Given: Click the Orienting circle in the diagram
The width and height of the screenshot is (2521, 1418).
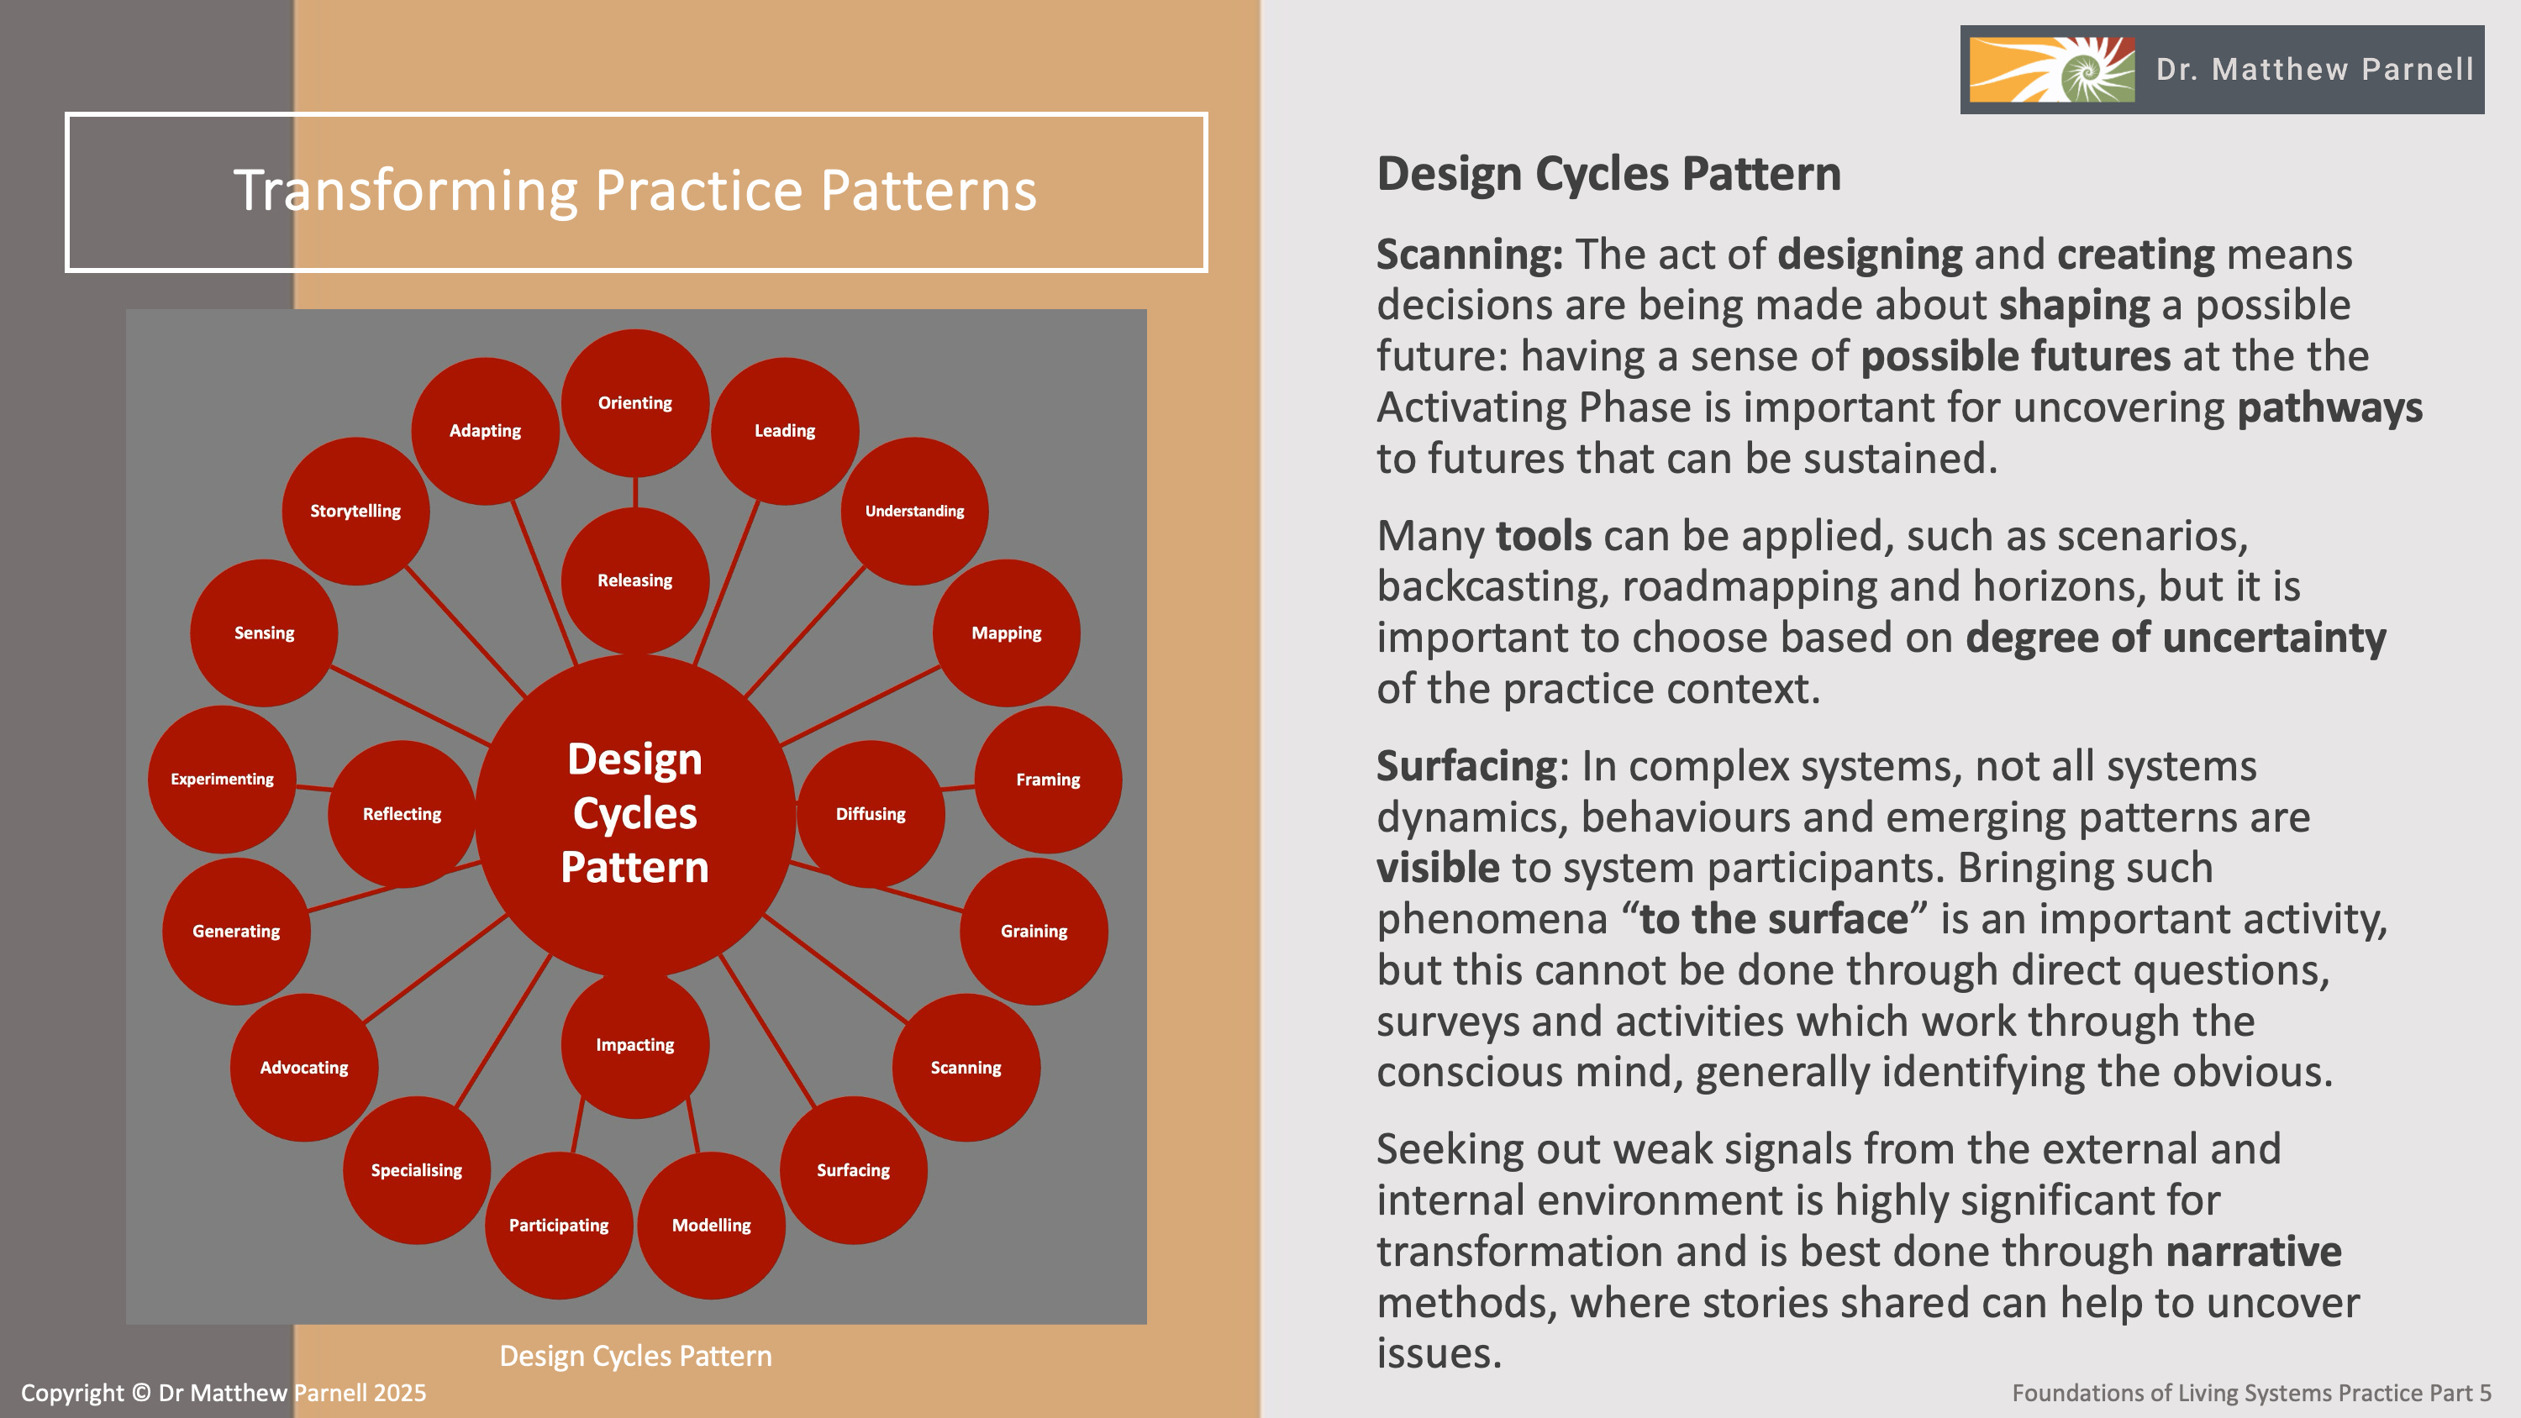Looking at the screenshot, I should (x=635, y=403).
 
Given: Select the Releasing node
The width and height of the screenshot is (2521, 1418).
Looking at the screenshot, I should (x=635, y=580).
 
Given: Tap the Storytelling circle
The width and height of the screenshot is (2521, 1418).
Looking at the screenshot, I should (x=355, y=511).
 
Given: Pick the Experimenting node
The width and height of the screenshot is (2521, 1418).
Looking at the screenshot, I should (x=222, y=779).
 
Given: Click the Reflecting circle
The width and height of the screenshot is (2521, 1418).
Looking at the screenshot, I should (x=401, y=814).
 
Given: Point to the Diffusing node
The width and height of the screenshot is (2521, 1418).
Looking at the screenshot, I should (x=870, y=814).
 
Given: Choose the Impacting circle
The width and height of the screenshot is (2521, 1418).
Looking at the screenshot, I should (x=635, y=1045).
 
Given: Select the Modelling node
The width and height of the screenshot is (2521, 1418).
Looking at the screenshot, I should (x=712, y=1226).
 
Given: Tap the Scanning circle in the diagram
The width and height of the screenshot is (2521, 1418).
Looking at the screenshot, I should (x=966, y=1068).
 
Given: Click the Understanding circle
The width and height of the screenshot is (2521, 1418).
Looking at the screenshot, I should (x=914, y=511).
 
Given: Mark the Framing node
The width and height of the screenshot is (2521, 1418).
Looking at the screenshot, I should (x=1048, y=780).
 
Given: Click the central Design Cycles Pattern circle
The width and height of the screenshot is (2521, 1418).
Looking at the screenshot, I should (x=635, y=814).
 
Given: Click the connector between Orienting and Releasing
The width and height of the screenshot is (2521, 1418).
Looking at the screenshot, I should (x=635, y=492).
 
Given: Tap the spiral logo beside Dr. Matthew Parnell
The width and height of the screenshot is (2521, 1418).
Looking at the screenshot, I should (x=2051, y=70).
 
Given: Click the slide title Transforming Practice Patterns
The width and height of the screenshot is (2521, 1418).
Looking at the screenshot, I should (x=635, y=190).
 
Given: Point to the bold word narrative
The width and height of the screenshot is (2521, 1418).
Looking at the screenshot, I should (x=2253, y=1252).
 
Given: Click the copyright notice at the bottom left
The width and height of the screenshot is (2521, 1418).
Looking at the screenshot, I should (x=224, y=1393).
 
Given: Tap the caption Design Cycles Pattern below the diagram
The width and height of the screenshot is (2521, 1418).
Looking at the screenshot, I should (x=635, y=1355).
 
